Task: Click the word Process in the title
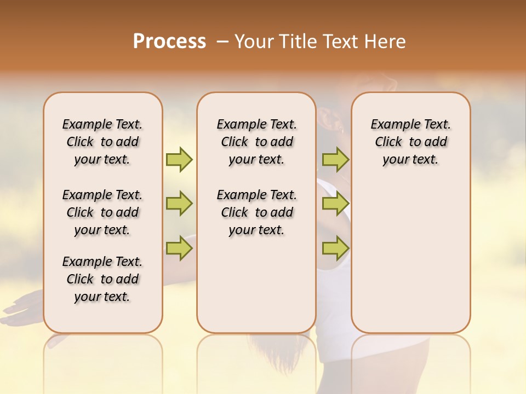tap(169, 42)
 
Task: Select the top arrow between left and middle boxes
tap(179, 159)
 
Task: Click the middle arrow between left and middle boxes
tap(179, 204)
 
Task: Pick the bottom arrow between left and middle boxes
tap(179, 248)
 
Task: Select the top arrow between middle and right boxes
tap(335, 159)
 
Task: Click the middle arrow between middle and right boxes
tap(335, 204)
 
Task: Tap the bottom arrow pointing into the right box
tap(335, 248)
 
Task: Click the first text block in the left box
tap(102, 142)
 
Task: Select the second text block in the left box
tap(102, 212)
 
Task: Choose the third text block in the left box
tap(102, 279)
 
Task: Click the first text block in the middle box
tap(256, 142)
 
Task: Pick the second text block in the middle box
tap(256, 212)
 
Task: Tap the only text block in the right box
tap(410, 142)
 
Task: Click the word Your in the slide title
tap(253, 42)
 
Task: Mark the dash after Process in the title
tap(222, 42)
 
